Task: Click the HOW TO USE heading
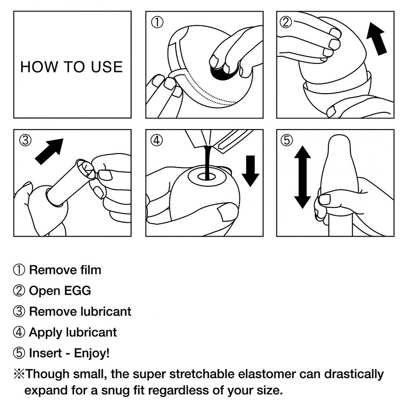[72, 67]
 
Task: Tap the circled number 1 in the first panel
[157, 22]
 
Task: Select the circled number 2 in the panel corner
[287, 22]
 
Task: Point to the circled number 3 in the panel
[25, 140]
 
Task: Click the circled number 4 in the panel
[156, 140]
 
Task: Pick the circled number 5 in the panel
[287, 140]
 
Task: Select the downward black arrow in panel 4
[250, 170]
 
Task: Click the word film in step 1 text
[90, 270]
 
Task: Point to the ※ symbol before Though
[19, 373]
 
